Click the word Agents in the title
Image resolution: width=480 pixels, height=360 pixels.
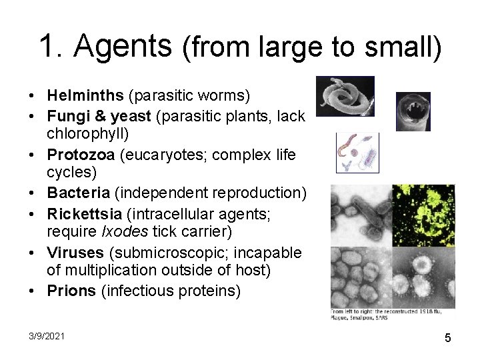pos(123,46)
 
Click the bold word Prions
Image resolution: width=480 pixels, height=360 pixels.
pos(71,292)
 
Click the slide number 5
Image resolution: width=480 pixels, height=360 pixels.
pos(448,338)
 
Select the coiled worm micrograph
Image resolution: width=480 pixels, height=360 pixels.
pos(345,97)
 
